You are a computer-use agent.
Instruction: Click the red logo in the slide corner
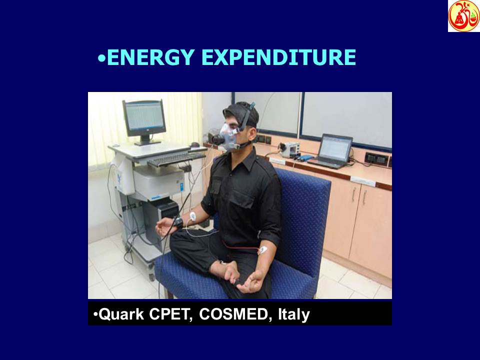point(463,16)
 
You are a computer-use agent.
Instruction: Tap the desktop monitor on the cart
point(144,118)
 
